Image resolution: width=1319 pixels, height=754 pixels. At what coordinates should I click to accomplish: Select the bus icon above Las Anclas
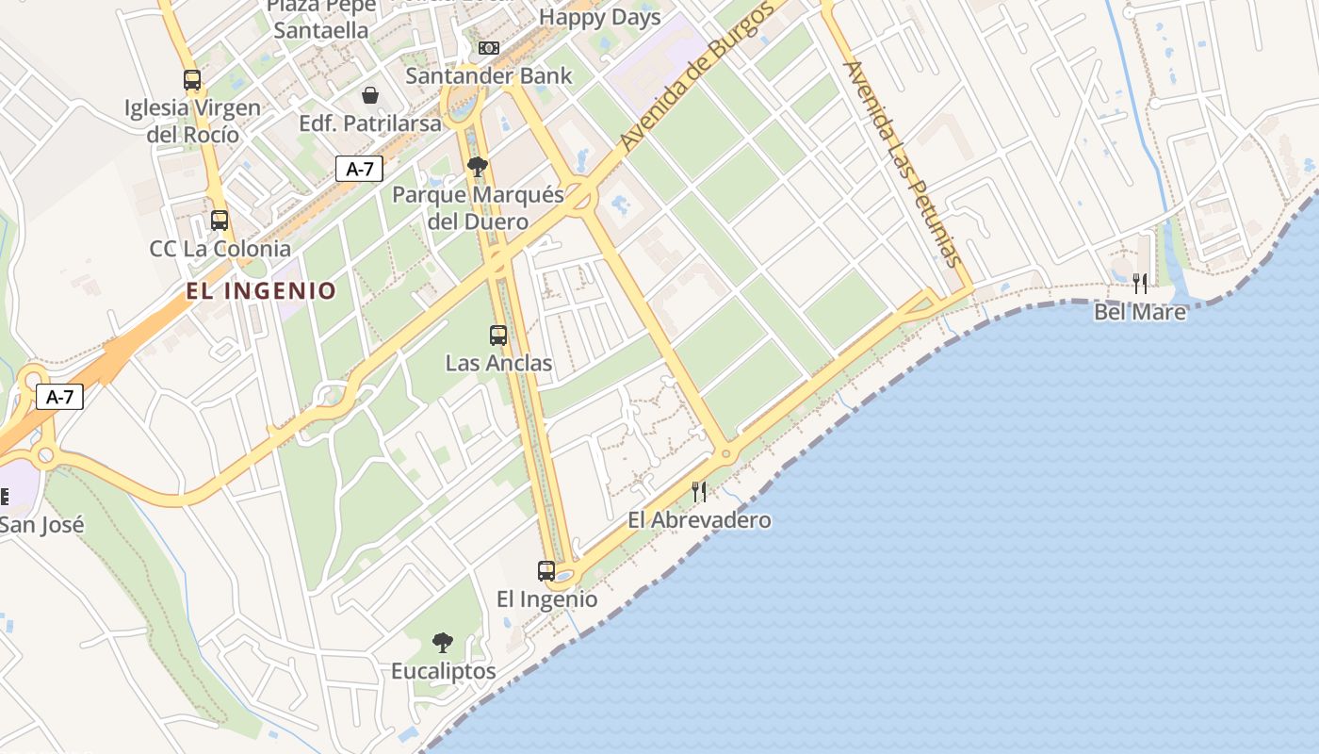pos(497,335)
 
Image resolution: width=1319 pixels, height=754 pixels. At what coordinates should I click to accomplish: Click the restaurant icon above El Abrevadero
pos(699,491)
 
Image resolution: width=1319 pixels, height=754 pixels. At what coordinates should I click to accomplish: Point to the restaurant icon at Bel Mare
pos(1140,283)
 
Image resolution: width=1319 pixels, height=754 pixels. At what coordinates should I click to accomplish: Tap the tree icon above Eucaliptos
pos(442,643)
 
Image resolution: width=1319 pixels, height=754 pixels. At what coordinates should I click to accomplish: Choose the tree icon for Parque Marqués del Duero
pos(478,167)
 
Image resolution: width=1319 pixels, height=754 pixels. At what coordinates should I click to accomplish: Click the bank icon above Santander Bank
pos(488,48)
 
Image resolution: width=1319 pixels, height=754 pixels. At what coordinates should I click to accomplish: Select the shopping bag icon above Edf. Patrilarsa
pos(370,95)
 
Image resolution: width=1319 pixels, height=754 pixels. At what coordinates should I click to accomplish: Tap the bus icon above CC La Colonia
pos(220,221)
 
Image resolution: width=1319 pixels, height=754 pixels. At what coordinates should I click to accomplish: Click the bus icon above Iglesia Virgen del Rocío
pos(192,80)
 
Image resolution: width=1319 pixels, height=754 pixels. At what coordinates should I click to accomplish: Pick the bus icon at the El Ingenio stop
pos(546,570)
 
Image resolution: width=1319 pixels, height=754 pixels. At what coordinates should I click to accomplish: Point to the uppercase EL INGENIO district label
pos(261,291)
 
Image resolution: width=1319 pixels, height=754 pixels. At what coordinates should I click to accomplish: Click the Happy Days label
pos(600,17)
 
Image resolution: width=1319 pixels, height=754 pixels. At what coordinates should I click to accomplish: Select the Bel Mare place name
pos(1140,311)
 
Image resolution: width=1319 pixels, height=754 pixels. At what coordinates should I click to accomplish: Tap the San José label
pos(41,524)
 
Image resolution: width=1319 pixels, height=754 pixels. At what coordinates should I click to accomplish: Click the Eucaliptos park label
pos(444,671)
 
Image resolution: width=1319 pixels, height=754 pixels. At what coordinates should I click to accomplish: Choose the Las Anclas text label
pos(498,363)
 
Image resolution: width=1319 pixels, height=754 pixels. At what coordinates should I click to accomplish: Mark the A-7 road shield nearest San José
pos(60,397)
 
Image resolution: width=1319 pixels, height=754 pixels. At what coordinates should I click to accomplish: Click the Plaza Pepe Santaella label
pos(321,19)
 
